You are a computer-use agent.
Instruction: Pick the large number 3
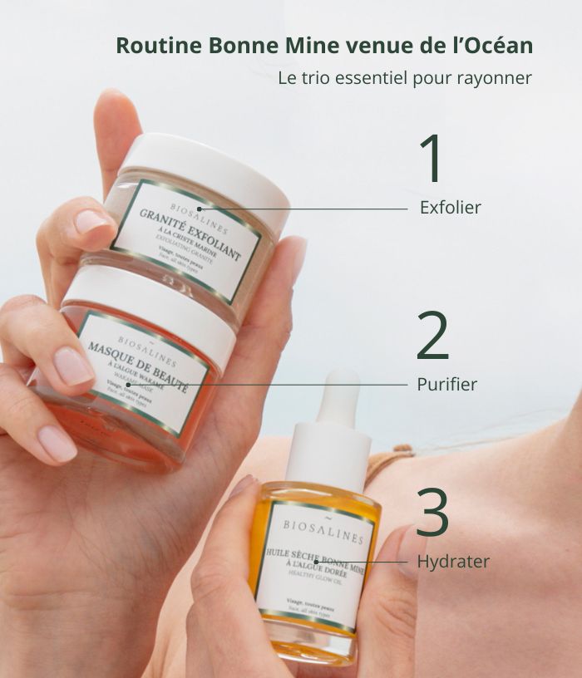coord(432,512)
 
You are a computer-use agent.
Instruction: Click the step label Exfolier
coord(450,208)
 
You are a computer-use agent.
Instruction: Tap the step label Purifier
coord(447,385)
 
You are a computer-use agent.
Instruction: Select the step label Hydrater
coord(453,562)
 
